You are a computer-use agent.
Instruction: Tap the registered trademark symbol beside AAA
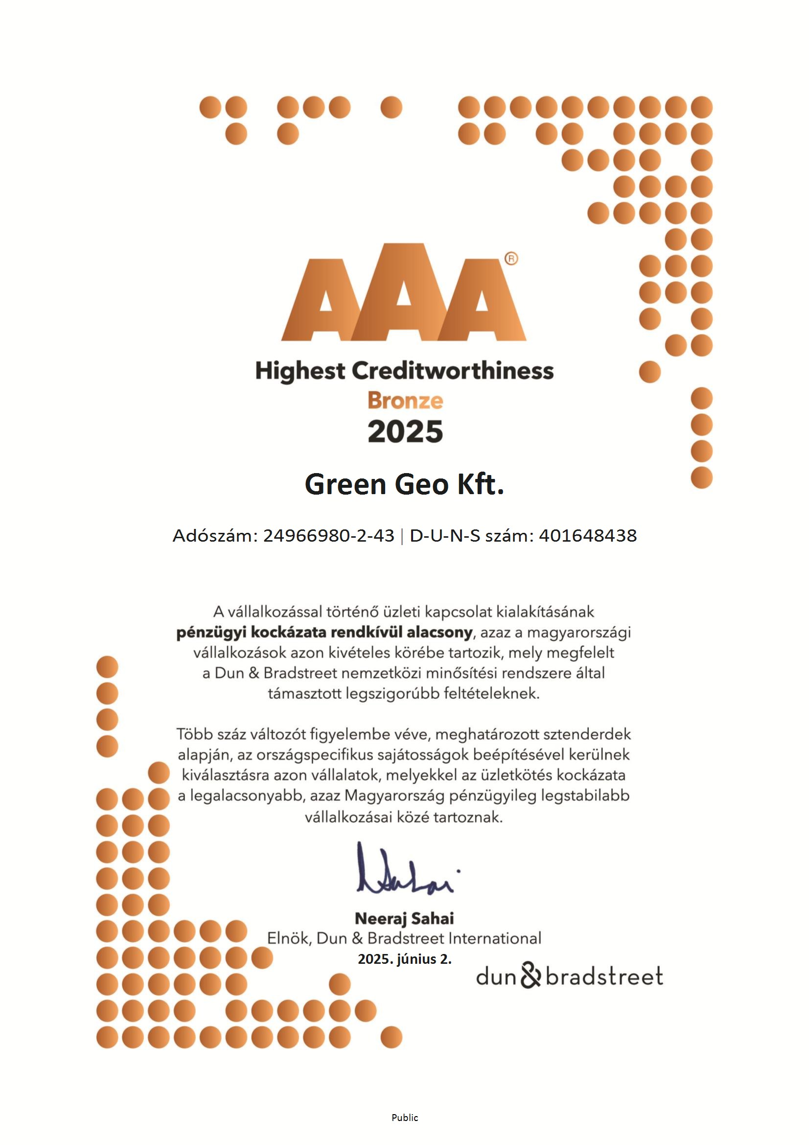click(511, 258)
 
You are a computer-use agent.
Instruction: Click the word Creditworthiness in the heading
click(453, 371)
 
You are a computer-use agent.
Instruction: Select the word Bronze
click(405, 401)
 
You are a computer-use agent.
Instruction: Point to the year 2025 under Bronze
click(405, 431)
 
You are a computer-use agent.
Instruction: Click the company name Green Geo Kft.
click(404, 484)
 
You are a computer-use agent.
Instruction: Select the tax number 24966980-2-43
click(328, 536)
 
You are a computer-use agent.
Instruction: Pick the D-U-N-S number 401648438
click(588, 536)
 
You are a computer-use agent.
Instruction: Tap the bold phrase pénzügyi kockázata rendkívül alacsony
click(324, 632)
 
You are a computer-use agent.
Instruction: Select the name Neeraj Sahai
click(404, 918)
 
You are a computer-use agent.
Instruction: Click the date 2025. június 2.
click(404, 959)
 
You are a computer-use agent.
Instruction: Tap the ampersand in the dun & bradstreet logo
click(531, 976)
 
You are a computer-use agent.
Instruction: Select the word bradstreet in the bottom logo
click(604, 977)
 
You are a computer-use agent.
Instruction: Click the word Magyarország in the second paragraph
click(394, 795)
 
